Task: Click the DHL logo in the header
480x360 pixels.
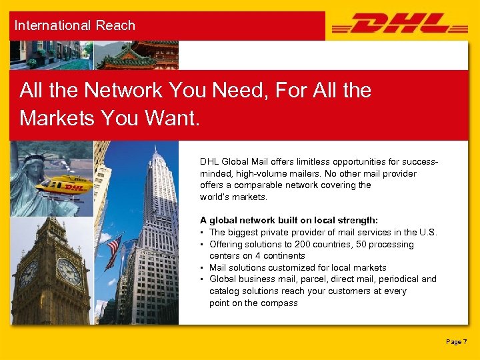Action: coord(400,25)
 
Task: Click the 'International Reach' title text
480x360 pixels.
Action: coord(75,25)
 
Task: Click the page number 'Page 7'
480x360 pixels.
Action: coord(457,342)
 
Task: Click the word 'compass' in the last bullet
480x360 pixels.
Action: coord(281,303)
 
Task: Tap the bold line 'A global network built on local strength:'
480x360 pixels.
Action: coord(289,220)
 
